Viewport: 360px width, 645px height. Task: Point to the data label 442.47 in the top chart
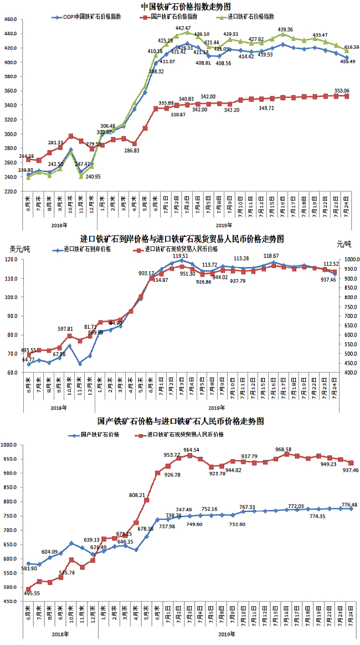[x=184, y=28]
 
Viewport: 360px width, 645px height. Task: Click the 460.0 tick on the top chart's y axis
[x=11, y=19]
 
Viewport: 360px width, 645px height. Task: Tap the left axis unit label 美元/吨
[x=19, y=248]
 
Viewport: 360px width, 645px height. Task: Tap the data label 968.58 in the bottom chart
[x=286, y=449]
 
